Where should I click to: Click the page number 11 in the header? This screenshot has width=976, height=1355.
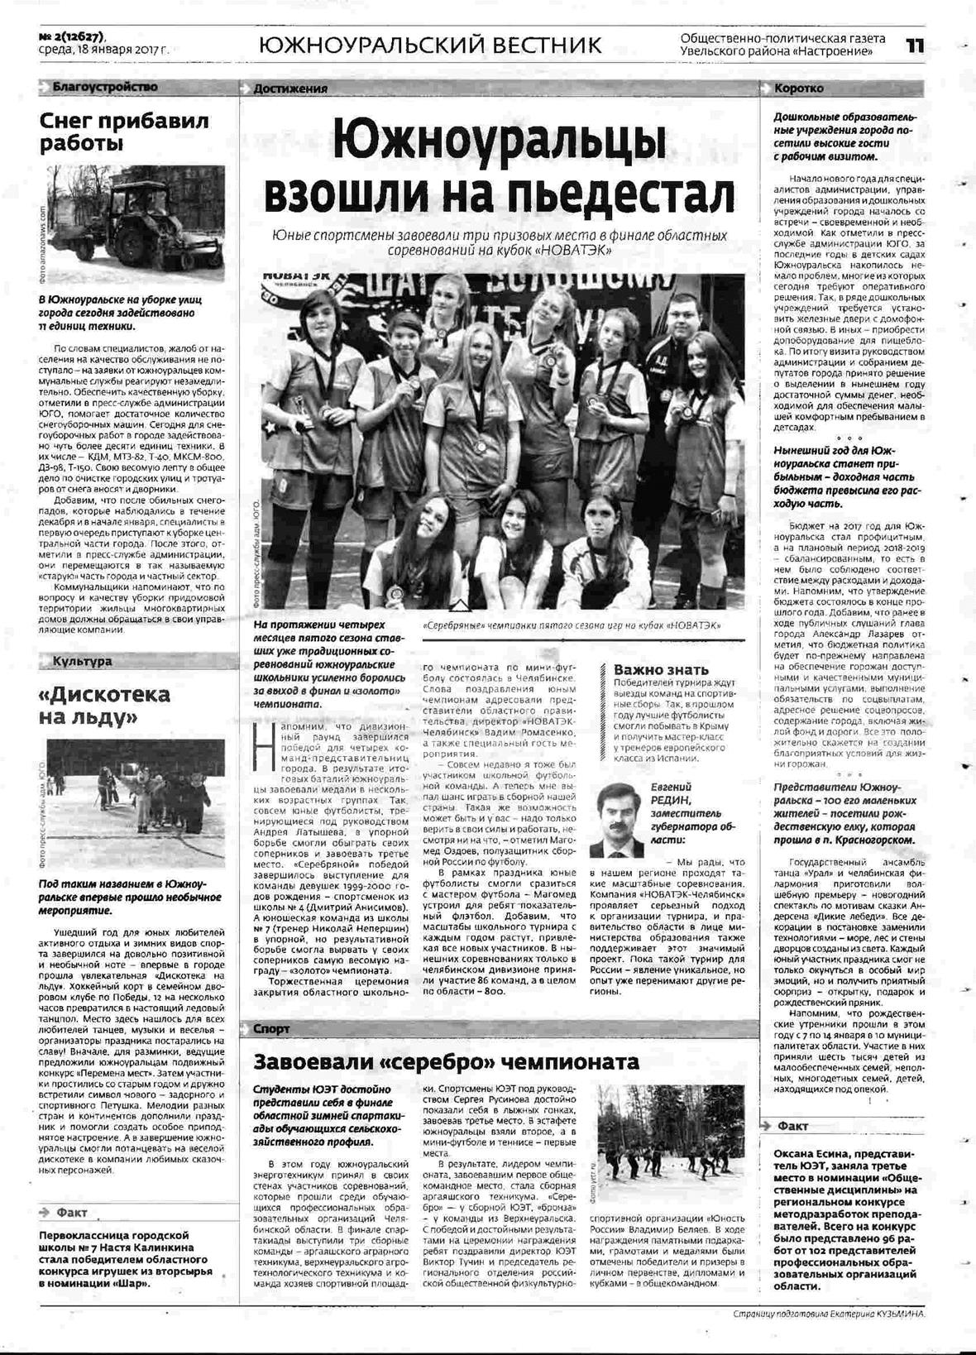[913, 45]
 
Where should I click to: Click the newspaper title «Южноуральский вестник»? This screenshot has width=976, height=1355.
[430, 45]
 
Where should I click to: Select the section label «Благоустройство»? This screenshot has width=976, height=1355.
[104, 87]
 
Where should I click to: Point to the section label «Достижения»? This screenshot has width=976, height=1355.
[290, 89]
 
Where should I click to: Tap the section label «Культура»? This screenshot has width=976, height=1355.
[82, 661]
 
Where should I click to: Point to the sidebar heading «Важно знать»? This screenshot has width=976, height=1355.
[661, 669]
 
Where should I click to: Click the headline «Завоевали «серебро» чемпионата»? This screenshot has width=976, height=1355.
[446, 1061]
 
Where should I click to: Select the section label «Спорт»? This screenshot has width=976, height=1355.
[272, 1029]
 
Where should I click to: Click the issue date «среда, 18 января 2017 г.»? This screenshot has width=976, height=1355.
[104, 50]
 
